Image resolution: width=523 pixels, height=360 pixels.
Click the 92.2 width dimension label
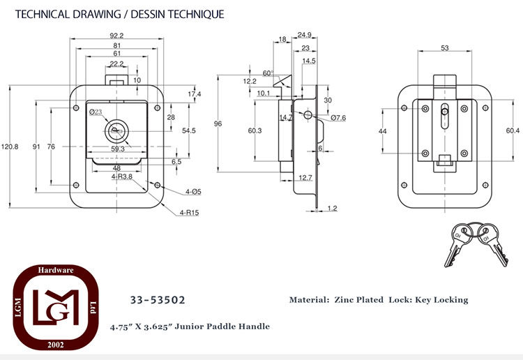pos(116,36)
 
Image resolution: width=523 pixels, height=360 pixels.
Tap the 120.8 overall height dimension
pos(10,147)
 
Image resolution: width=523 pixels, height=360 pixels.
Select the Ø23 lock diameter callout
pos(96,112)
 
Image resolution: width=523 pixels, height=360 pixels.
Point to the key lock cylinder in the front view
pos(116,132)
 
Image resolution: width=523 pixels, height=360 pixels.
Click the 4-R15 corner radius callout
pos(189,213)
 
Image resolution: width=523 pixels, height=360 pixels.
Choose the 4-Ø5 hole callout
pos(193,191)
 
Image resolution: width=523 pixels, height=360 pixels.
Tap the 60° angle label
pos(268,73)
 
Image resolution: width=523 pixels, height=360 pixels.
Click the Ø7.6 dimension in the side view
pos(338,118)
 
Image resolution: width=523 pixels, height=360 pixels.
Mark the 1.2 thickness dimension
pos(332,208)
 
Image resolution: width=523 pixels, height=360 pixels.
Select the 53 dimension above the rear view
pos(445,47)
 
